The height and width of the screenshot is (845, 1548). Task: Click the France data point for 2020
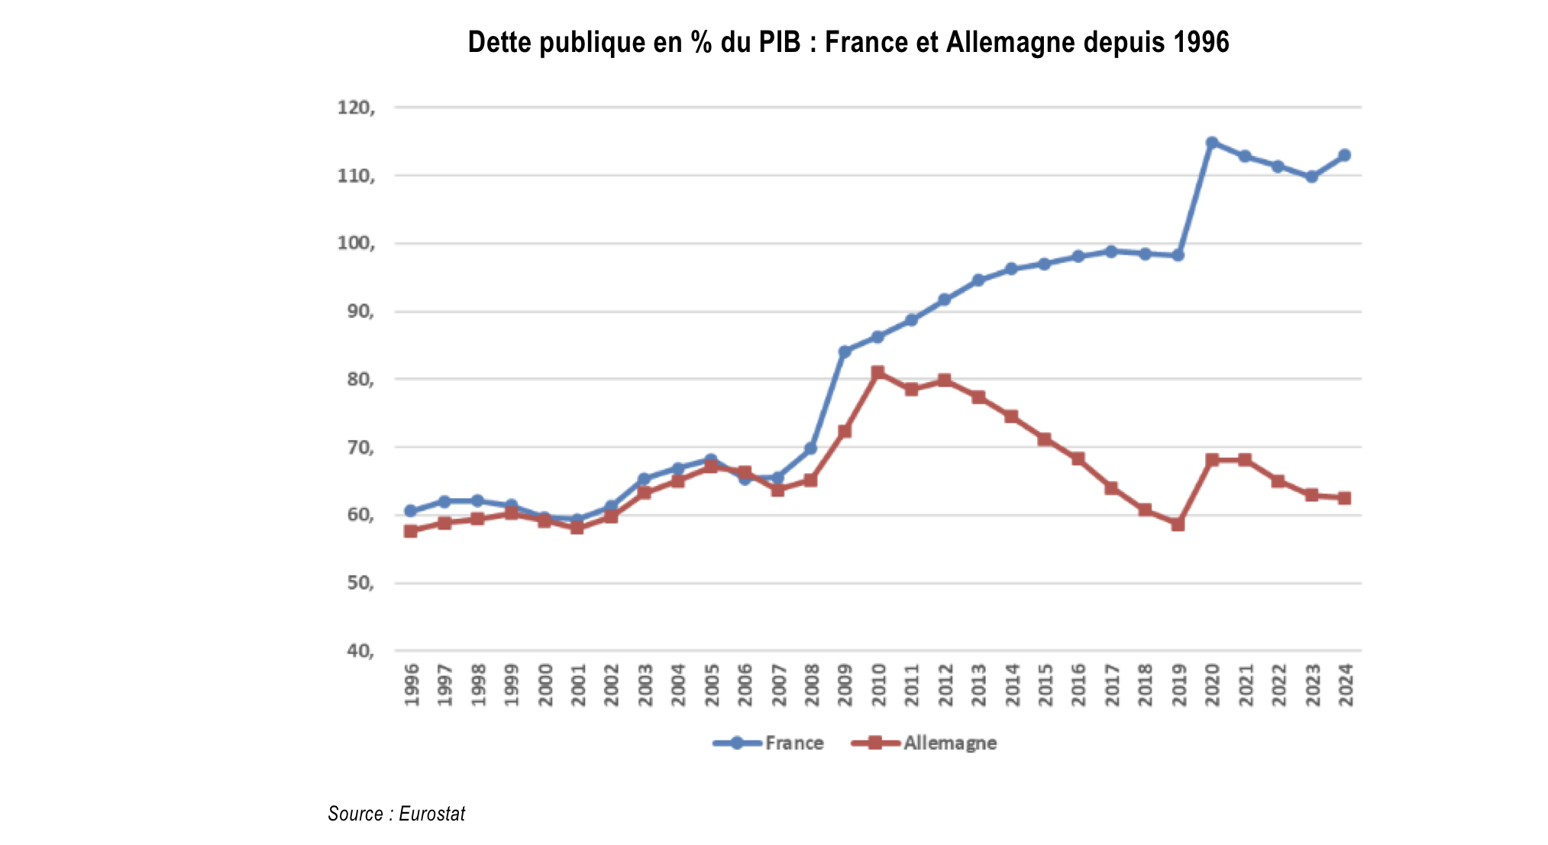click(x=1211, y=143)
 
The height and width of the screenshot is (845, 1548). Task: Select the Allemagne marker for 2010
click(x=877, y=372)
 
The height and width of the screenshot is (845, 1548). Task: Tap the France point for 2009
click(x=844, y=352)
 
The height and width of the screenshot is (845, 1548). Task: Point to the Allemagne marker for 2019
click(x=1178, y=525)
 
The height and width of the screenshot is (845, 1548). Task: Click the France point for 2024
click(x=1345, y=155)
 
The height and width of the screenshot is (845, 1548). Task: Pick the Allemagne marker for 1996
click(x=411, y=531)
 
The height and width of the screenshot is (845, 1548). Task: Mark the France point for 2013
click(x=978, y=280)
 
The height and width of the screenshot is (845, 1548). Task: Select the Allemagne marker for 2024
click(x=1345, y=498)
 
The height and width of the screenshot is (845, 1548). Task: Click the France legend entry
click(x=768, y=743)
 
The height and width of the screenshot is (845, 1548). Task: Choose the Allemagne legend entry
click(x=924, y=743)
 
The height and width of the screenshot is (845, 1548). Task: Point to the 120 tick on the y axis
click(x=356, y=108)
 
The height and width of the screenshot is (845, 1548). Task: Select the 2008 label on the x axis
click(x=812, y=685)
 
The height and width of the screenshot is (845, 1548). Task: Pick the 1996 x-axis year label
click(x=412, y=685)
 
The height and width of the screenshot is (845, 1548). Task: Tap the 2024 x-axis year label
click(x=1346, y=685)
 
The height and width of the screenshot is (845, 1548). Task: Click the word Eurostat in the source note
click(x=431, y=814)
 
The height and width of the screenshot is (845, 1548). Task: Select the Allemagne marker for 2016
click(x=1078, y=458)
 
